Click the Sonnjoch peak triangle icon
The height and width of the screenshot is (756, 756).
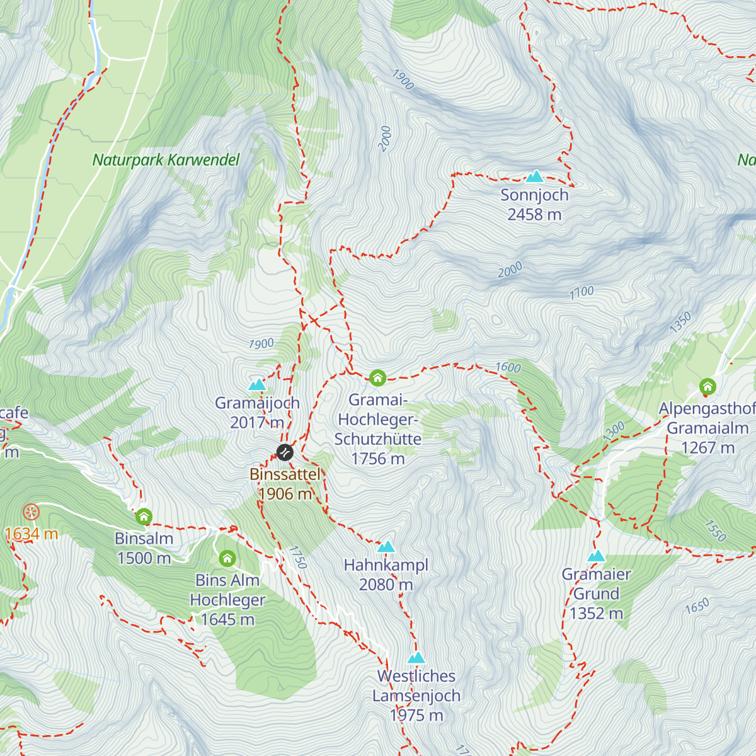pos(535,176)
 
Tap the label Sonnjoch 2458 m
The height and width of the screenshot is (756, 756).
pos(534,205)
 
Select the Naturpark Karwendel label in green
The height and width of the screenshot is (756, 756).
pos(166,160)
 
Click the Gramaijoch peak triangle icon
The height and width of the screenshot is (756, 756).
pos(257,384)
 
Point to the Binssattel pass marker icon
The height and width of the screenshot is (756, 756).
pos(285,452)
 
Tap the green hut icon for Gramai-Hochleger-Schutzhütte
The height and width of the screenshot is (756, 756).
pos(377,378)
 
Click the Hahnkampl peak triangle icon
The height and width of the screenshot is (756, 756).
pos(386,546)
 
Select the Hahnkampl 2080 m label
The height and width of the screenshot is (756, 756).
pos(386,575)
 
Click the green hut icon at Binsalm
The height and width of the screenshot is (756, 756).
pos(144,517)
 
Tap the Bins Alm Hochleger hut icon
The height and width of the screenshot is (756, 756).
pos(227,559)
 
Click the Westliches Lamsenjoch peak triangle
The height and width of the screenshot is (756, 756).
pos(416,658)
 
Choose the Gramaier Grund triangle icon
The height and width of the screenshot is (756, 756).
pos(596,556)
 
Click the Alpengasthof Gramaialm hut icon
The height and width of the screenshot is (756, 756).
pos(707,386)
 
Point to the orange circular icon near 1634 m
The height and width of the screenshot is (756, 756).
pos(30,512)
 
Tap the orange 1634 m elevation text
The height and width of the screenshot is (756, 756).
pos(31,534)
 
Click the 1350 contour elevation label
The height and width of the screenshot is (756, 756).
pos(680,323)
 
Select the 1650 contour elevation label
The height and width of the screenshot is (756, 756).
pos(697,606)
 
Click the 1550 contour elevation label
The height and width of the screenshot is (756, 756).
pos(716,531)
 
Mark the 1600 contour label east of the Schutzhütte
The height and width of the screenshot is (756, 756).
pos(508,367)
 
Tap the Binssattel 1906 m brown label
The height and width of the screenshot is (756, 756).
pos(285,484)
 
